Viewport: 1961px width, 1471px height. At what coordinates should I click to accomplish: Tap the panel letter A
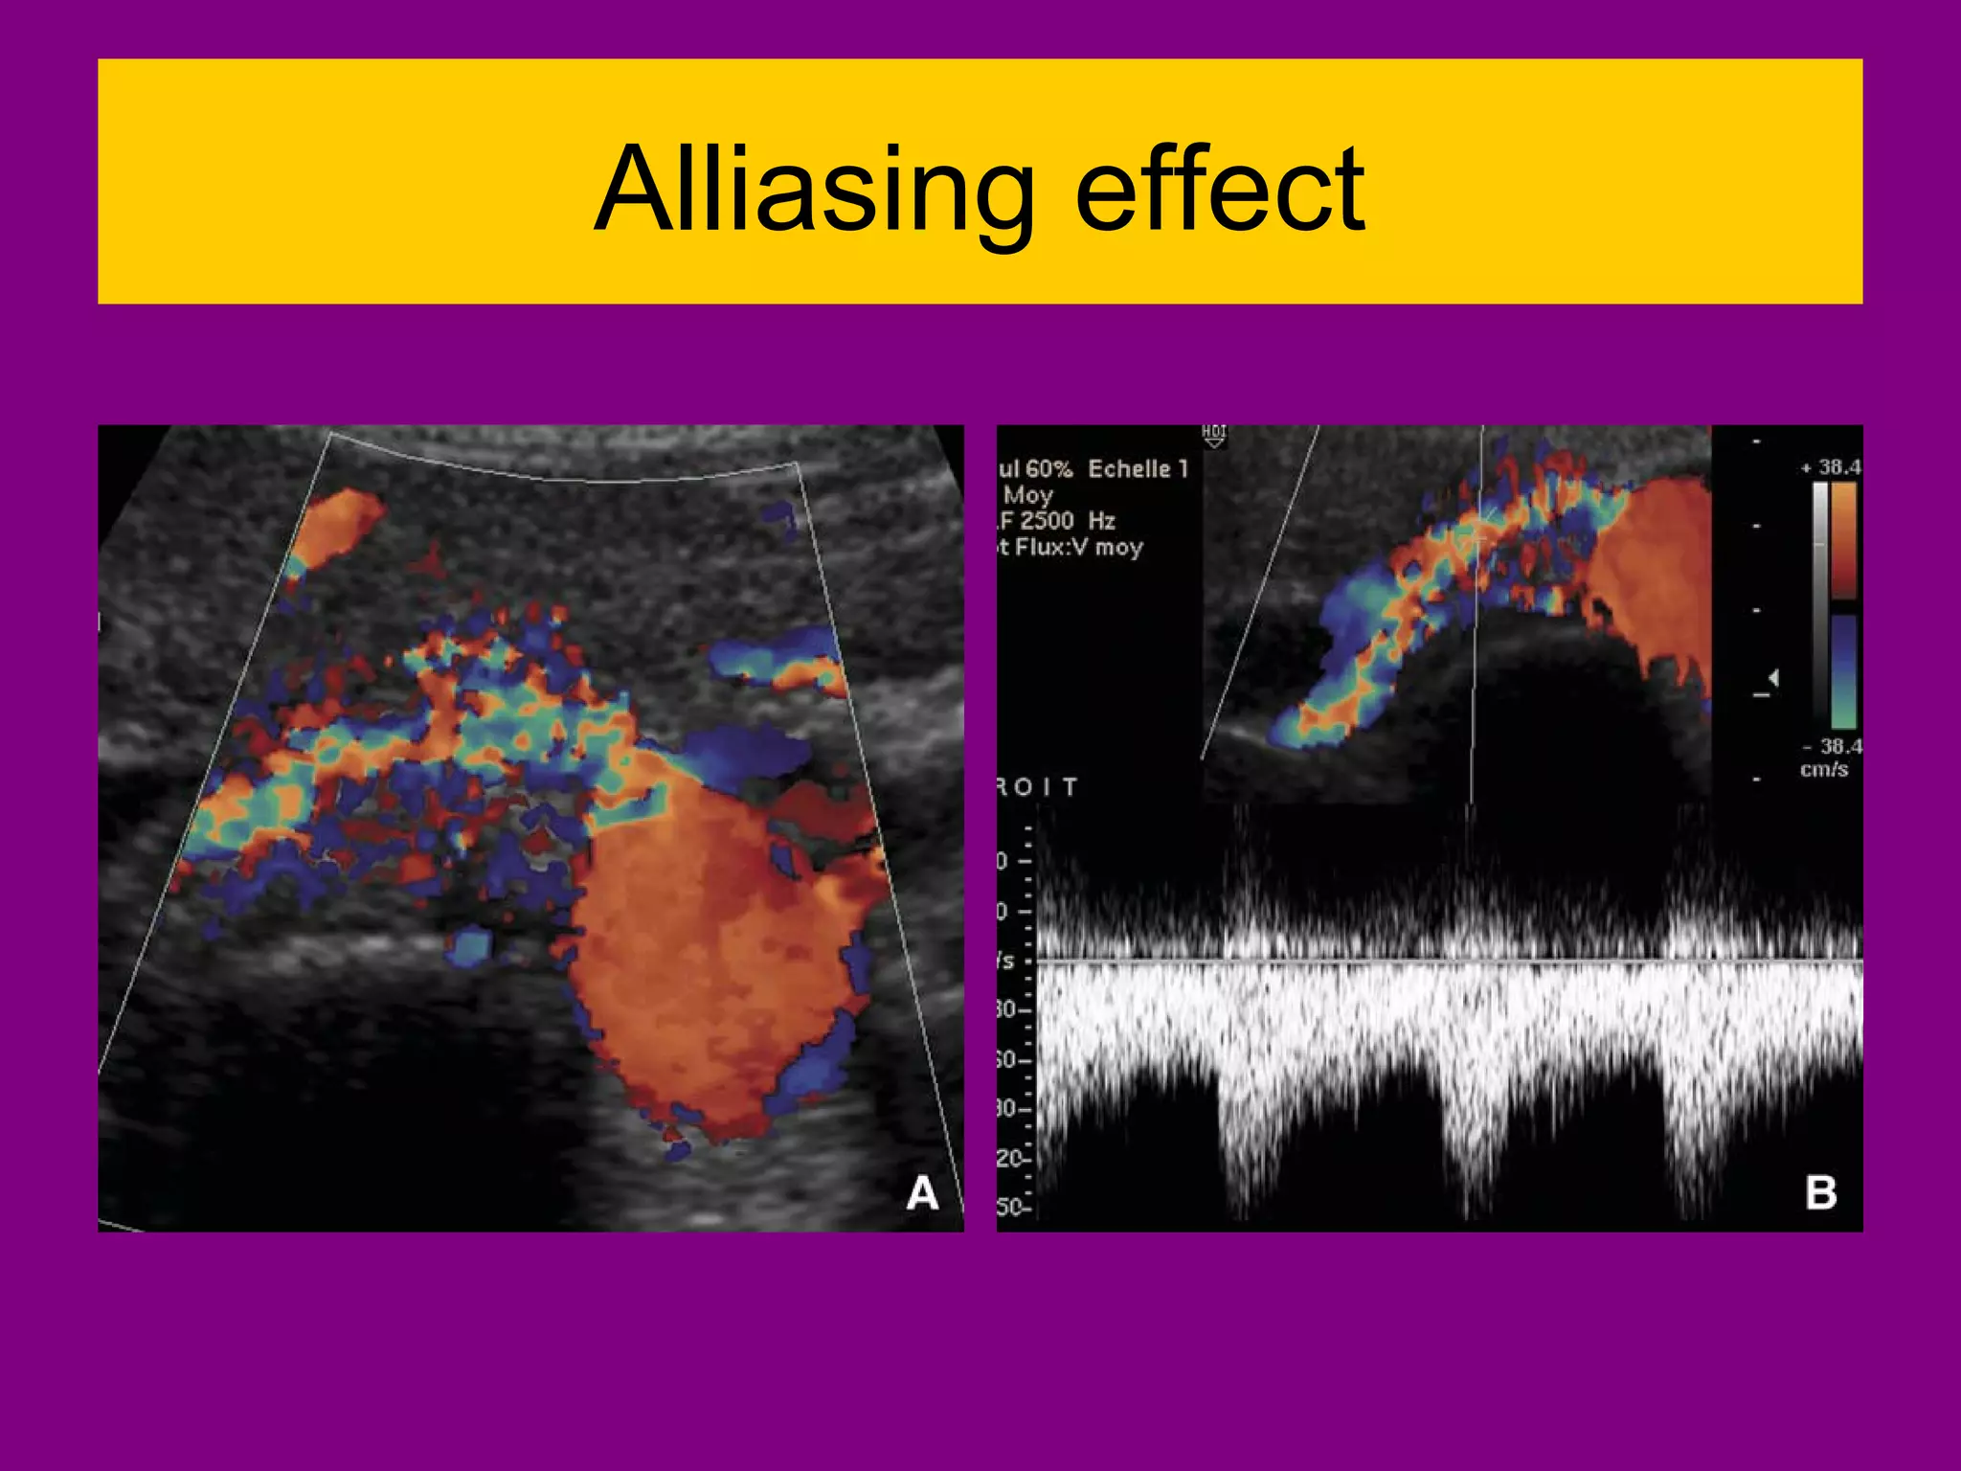click(922, 1193)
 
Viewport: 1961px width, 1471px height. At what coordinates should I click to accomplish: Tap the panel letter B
click(1820, 1193)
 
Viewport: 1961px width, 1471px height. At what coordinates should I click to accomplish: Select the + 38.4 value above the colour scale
click(1832, 467)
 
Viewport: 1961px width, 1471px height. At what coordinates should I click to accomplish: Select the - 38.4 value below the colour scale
click(1832, 746)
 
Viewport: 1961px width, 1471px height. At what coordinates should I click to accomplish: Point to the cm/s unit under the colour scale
click(1824, 769)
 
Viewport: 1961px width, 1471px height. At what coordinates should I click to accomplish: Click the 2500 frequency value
click(1047, 521)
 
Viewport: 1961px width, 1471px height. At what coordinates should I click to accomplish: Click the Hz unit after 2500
click(1101, 521)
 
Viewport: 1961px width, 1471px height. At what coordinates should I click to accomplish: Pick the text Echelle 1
click(1138, 469)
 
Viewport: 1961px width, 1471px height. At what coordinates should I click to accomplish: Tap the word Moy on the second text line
click(1028, 495)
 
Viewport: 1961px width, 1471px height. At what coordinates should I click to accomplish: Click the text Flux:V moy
click(1079, 548)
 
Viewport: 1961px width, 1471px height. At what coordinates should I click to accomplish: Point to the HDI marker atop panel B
click(1213, 434)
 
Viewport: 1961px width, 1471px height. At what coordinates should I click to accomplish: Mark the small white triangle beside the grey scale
click(1773, 678)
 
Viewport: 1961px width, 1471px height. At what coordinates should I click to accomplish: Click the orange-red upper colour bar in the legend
click(1844, 538)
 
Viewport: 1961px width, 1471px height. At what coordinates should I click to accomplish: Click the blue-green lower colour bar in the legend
click(1844, 670)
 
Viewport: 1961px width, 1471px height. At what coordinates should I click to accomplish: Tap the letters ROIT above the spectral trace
click(1038, 787)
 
